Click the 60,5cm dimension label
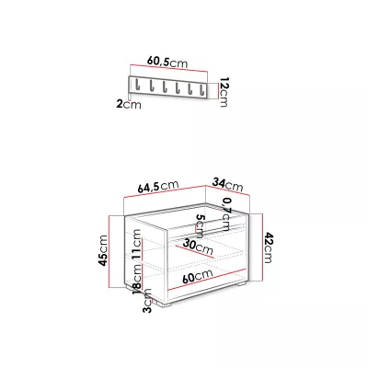(x=167, y=62)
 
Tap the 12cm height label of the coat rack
(x=224, y=92)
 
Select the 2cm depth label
(x=129, y=104)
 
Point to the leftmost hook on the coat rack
(x=137, y=85)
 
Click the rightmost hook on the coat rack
(x=201, y=88)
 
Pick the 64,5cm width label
(x=158, y=187)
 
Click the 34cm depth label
(x=227, y=185)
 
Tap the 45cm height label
(x=102, y=250)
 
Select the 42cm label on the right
(x=268, y=247)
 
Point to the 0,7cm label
(x=226, y=213)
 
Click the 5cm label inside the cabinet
(x=200, y=226)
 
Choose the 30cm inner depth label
(x=198, y=247)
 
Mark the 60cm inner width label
(x=197, y=276)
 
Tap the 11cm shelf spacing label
(x=137, y=245)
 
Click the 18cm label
(x=138, y=278)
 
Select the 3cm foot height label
(x=147, y=301)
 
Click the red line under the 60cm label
(x=207, y=279)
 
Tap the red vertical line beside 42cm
(x=263, y=247)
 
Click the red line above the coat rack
(x=169, y=68)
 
